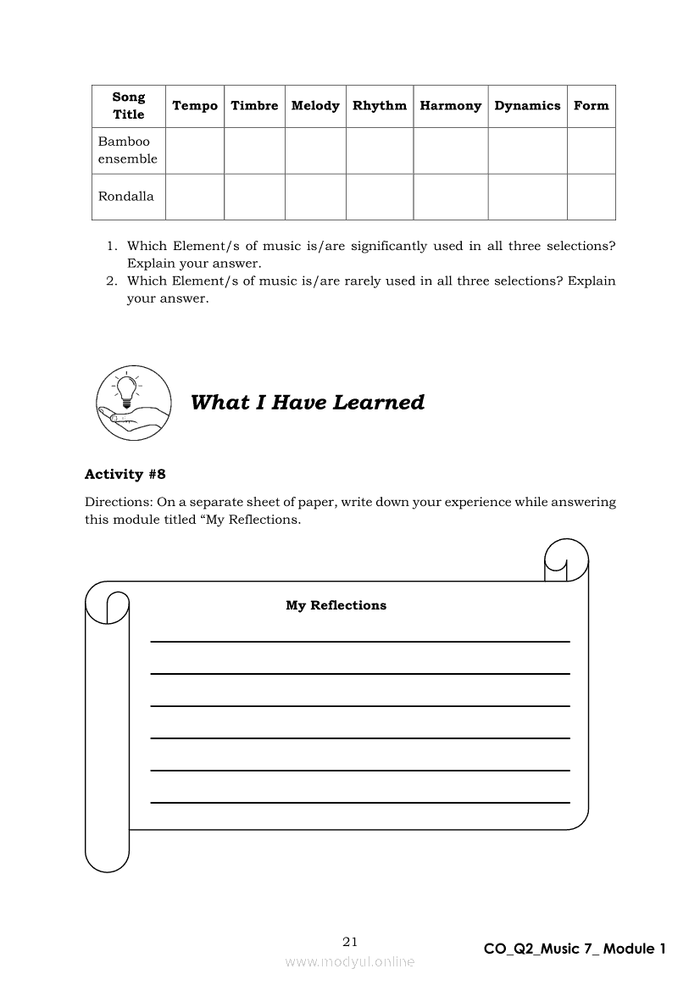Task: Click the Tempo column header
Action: click(195, 106)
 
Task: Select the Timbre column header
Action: click(254, 106)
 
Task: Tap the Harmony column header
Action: click(450, 106)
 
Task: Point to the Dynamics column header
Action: click(527, 106)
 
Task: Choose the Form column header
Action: click(591, 106)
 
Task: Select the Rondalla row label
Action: click(126, 197)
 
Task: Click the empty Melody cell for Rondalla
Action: click(315, 197)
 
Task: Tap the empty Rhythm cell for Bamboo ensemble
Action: click(379, 151)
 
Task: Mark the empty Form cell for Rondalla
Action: click(591, 197)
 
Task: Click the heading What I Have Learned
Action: click(307, 403)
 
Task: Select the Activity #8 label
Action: click(125, 475)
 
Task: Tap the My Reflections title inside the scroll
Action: click(336, 605)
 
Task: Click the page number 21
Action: click(351, 941)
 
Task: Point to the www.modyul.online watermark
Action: click(350, 961)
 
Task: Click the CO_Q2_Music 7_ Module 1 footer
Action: click(575, 949)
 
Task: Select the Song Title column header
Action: click(129, 106)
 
